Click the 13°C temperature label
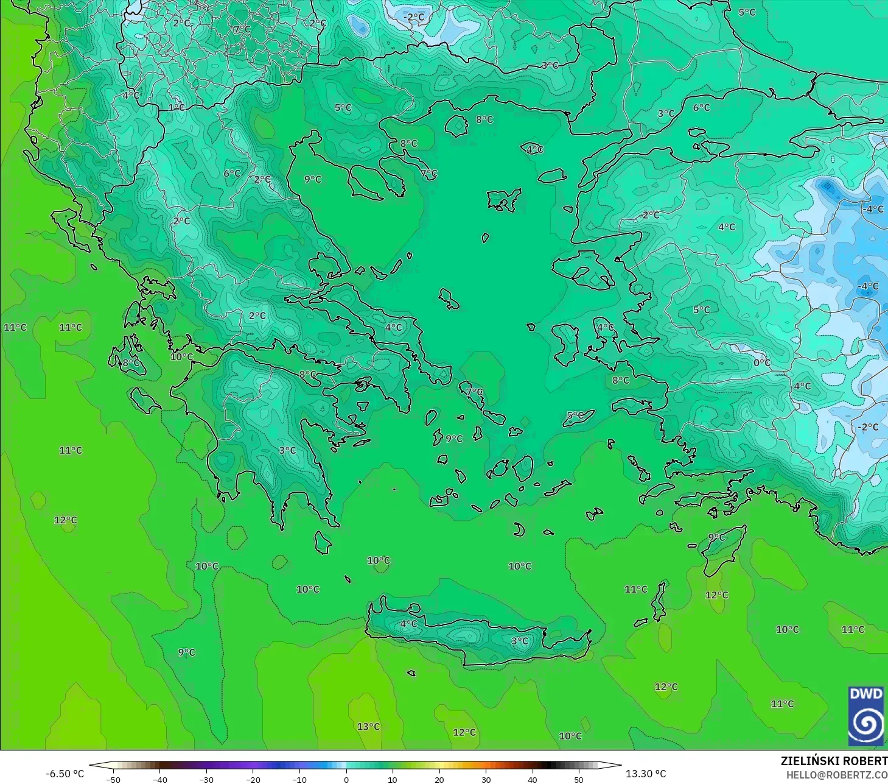click(368, 726)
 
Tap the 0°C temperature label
click(762, 362)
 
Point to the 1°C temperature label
click(177, 108)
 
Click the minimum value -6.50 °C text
click(65, 774)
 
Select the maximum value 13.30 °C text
click(646, 774)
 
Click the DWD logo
click(865, 716)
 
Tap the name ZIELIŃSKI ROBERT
click(834, 761)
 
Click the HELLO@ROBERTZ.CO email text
click(836, 775)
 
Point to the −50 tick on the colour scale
click(113, 779)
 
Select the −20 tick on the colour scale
click(253, 779)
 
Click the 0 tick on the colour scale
click(346, 779)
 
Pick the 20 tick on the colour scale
click(439, 779)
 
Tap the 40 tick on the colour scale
click(532, 779)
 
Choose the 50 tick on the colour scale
click(578, 779)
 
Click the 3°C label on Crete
click(520, 641)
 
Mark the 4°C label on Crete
click(408, 624)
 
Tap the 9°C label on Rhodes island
click(717, 537)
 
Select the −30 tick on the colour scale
click(206, 779)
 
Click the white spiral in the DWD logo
click(865, 724)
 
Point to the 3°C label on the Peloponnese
click(287, 450)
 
